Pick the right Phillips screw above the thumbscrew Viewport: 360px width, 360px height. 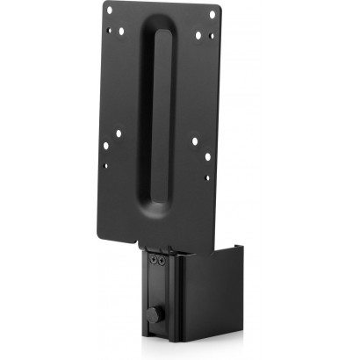pyautogui.click(x=160, y=261)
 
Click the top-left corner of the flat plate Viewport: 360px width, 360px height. pyautogui.click(x=104, y=4)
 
